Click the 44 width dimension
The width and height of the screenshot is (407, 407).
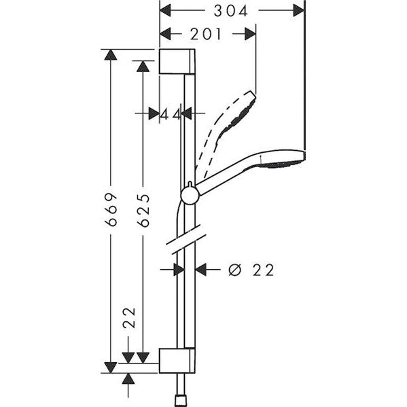(171, 114)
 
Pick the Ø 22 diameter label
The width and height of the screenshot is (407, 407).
(251, 270)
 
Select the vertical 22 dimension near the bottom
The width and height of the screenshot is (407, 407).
(130, 319)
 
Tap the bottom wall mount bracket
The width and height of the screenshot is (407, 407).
(177, 361)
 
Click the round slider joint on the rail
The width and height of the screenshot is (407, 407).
(190, 195)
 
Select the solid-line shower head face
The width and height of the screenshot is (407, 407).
(287, 157)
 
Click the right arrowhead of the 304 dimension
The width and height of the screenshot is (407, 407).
(298, 10)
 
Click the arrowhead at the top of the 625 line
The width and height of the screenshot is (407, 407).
(143, 66)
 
